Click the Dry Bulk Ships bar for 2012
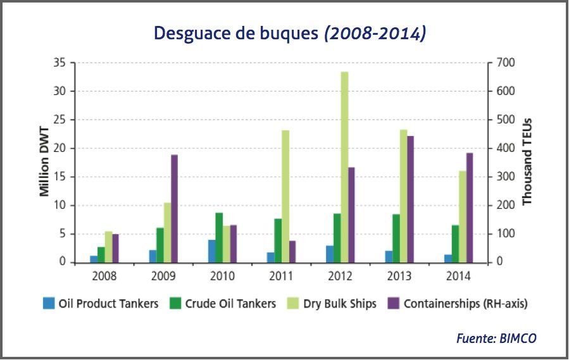(x=344, y=167)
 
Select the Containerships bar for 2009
(x=174, y=208)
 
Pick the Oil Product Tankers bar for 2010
(x=211, y=251)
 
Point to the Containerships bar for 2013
(x=410, y=199)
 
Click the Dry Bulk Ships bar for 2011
(x=286, y=196)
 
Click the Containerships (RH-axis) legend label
(x=466, y=304)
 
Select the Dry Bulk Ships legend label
(x=340, y=304)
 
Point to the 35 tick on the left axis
(x=61, y=63)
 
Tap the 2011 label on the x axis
(x=281, y=276)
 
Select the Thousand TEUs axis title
(x=527, y=161)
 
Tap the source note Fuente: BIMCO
(x=496, y=338)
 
